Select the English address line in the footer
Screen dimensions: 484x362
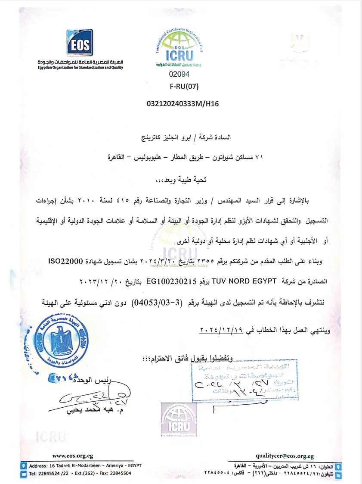85,466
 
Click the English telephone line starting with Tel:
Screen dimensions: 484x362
80,473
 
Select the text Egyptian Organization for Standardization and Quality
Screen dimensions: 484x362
80,67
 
